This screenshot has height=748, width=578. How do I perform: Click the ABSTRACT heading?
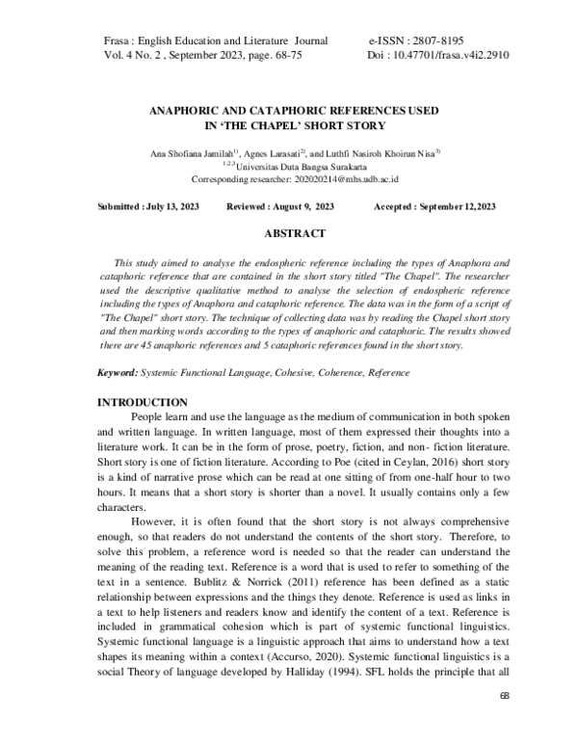click(x=294, y=233)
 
